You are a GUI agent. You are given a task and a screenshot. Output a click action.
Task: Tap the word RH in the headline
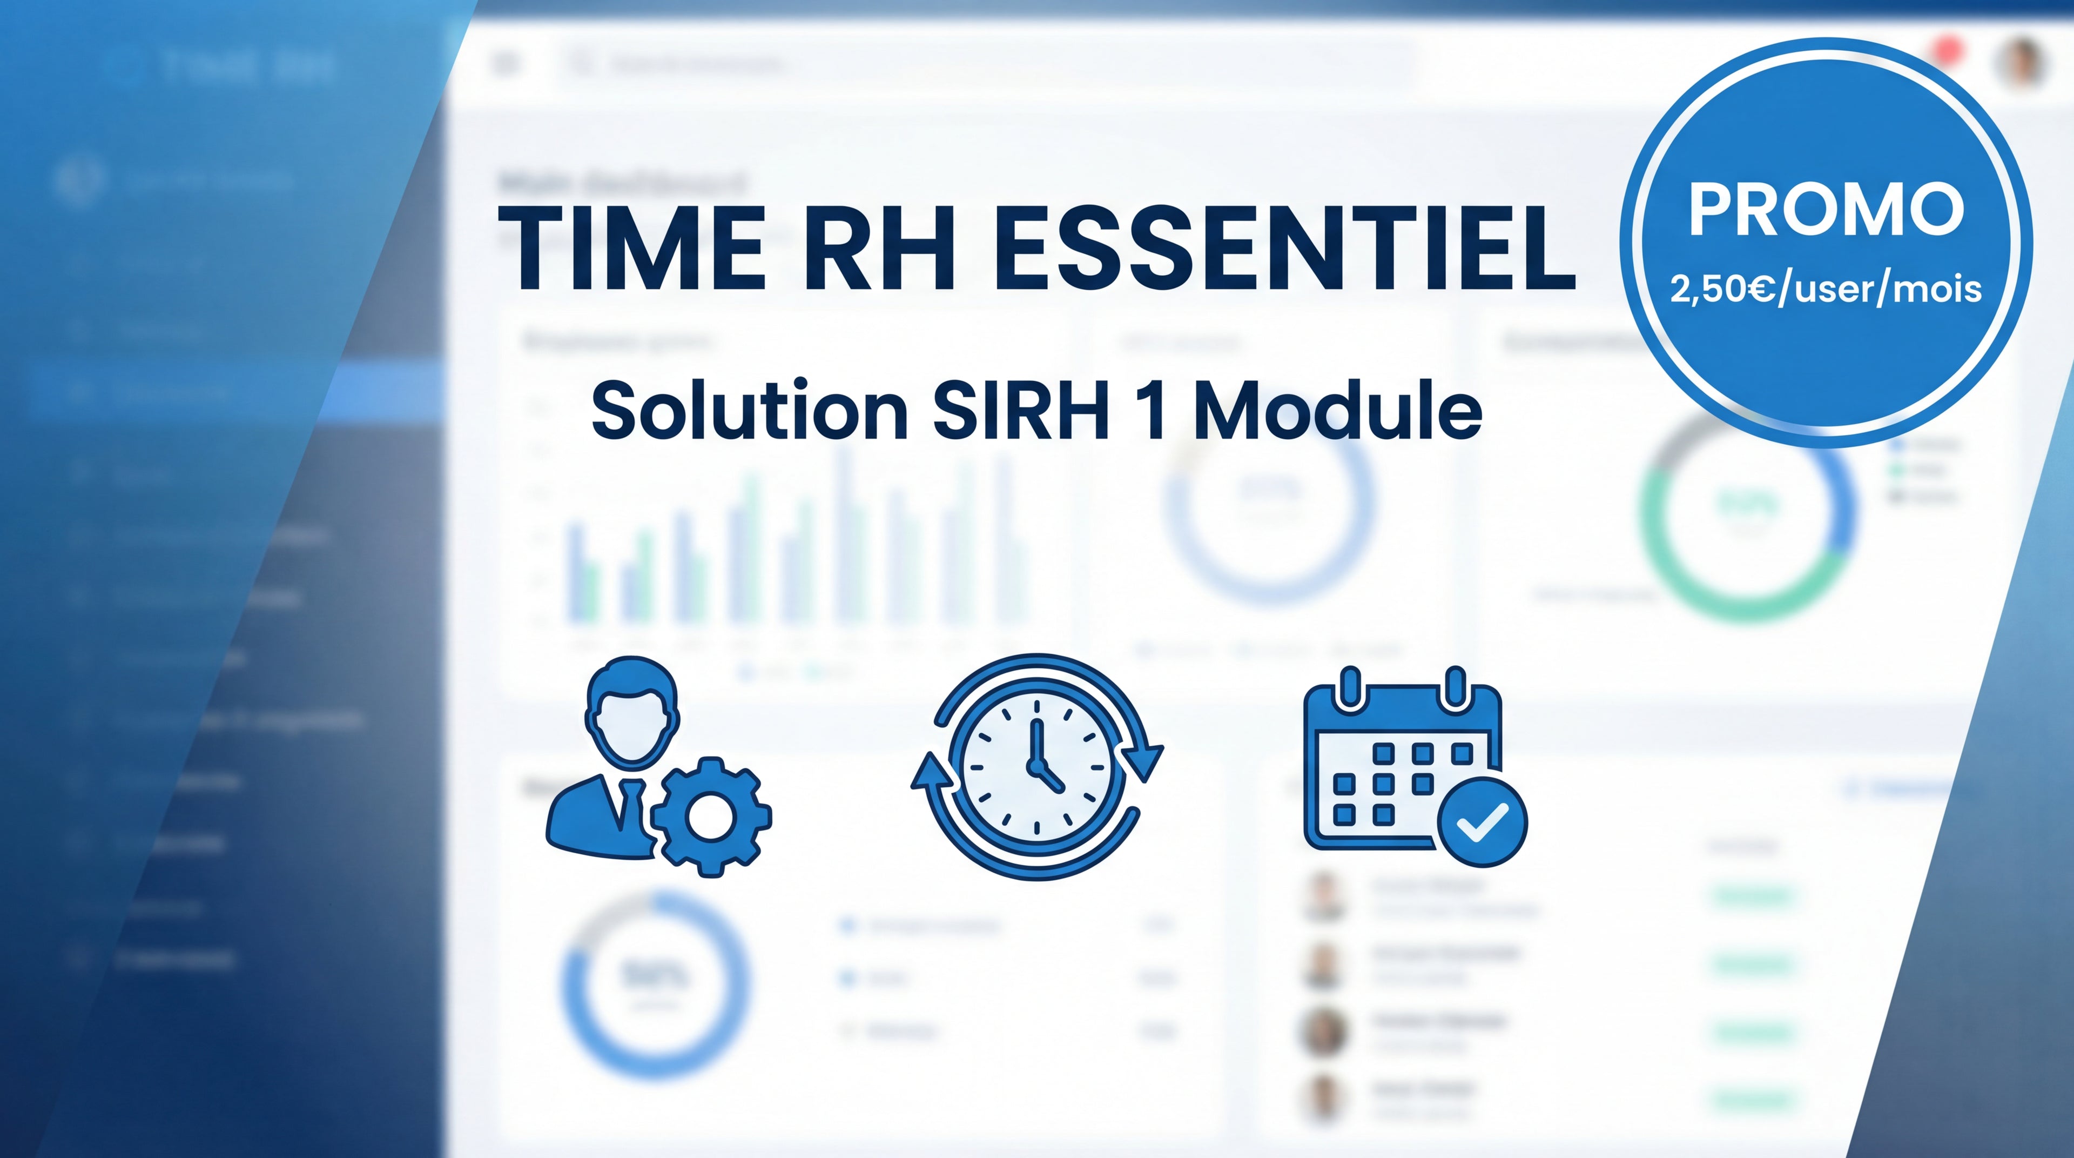pyautogui.click(x=879, y=248)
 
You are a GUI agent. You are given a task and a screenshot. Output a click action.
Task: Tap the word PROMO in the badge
pyautogui.click(x=1826, y=209)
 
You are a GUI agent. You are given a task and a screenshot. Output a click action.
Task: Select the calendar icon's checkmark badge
pyautogui.click(x=1482, y=821)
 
